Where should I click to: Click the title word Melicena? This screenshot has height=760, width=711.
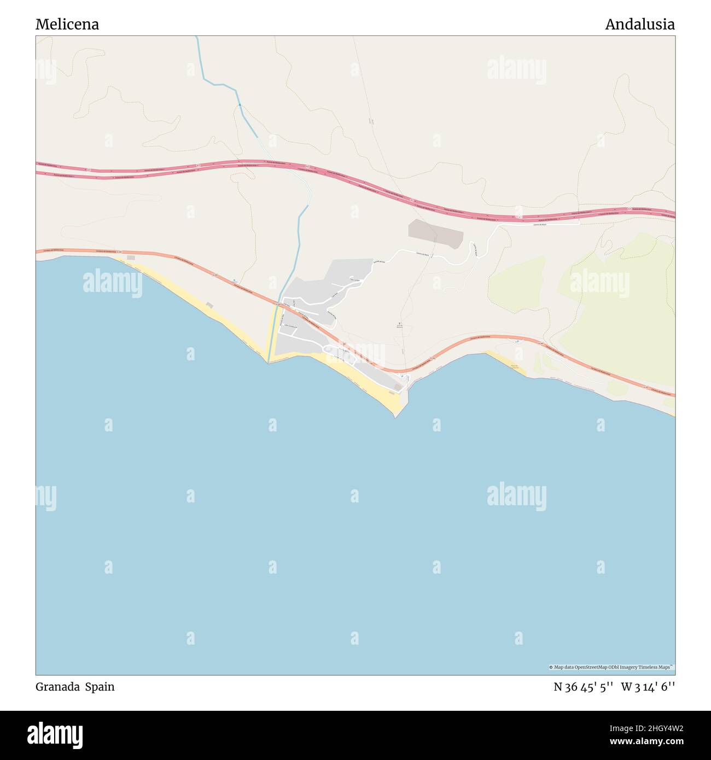coord(67,25)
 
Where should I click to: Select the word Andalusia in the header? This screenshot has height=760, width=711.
coord(639,25)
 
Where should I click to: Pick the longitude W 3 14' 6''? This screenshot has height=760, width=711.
coord(648,687)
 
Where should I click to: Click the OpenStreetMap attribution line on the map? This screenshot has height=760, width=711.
coord(611,667)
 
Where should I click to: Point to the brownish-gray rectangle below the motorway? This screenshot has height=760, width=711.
coord(435,233)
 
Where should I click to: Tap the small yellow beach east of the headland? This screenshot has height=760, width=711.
coord(506,364)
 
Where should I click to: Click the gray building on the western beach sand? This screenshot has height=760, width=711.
coord(209,305)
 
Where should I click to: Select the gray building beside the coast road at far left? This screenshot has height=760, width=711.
coord(130,258)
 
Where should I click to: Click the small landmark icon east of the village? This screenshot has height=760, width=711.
coord(400,324)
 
